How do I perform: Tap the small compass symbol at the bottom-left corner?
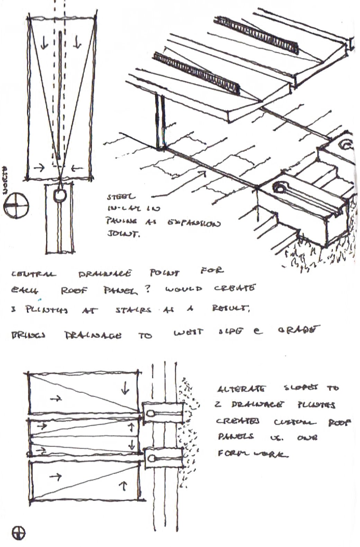pos(18,533)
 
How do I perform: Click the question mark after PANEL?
pos(148,290)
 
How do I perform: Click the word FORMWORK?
pos(253,453)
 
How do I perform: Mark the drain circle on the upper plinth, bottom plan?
pos(151,413)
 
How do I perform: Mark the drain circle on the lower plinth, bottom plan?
pos(152,459)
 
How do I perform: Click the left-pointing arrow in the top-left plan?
pos(78,169)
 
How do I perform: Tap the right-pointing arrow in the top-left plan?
pos(40,168)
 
